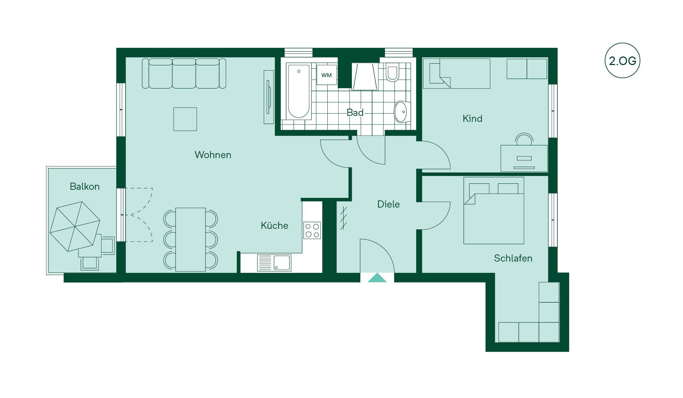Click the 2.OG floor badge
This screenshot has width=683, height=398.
622,60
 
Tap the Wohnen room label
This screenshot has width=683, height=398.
213,155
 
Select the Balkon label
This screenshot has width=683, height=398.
85,187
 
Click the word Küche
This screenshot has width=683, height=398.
274,225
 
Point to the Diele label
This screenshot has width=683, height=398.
388,204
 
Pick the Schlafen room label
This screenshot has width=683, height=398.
513,258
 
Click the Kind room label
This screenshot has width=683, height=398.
472,119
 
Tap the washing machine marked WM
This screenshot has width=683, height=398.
327,75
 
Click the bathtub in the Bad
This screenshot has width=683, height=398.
299,91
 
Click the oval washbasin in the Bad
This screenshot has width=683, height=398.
402,112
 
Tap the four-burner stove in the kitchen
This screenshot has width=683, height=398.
312,230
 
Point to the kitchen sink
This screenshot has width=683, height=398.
274,263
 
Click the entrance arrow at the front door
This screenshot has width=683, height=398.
377,278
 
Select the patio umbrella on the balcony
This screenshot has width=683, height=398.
75,226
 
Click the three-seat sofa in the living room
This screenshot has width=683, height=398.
184,73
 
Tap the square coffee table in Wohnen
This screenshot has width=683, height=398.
185,119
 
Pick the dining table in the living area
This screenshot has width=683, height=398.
191,240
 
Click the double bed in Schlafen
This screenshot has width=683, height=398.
494,211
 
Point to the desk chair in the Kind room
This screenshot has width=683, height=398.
524,139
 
